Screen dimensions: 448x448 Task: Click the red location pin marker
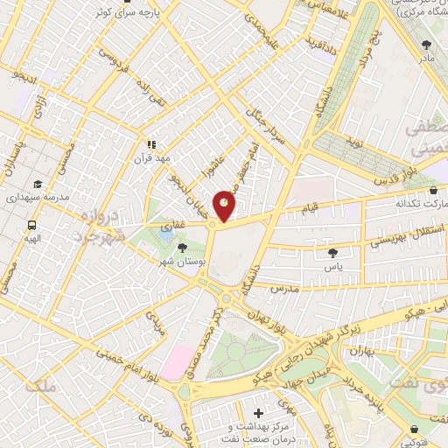pyautogui.click(x=225, y=205)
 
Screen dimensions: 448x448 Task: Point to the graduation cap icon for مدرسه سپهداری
pyautogui.click(x=38, y=184)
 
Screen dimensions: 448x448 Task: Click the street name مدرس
pyautogui.click(x=285, y=287)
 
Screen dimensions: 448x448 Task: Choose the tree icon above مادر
pyautogui.click(x=426, y=45)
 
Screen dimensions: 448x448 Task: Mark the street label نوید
pyautogui.click(x=354, y=141)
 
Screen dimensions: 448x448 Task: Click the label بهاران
pyautogui.click(x=361, y=351)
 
